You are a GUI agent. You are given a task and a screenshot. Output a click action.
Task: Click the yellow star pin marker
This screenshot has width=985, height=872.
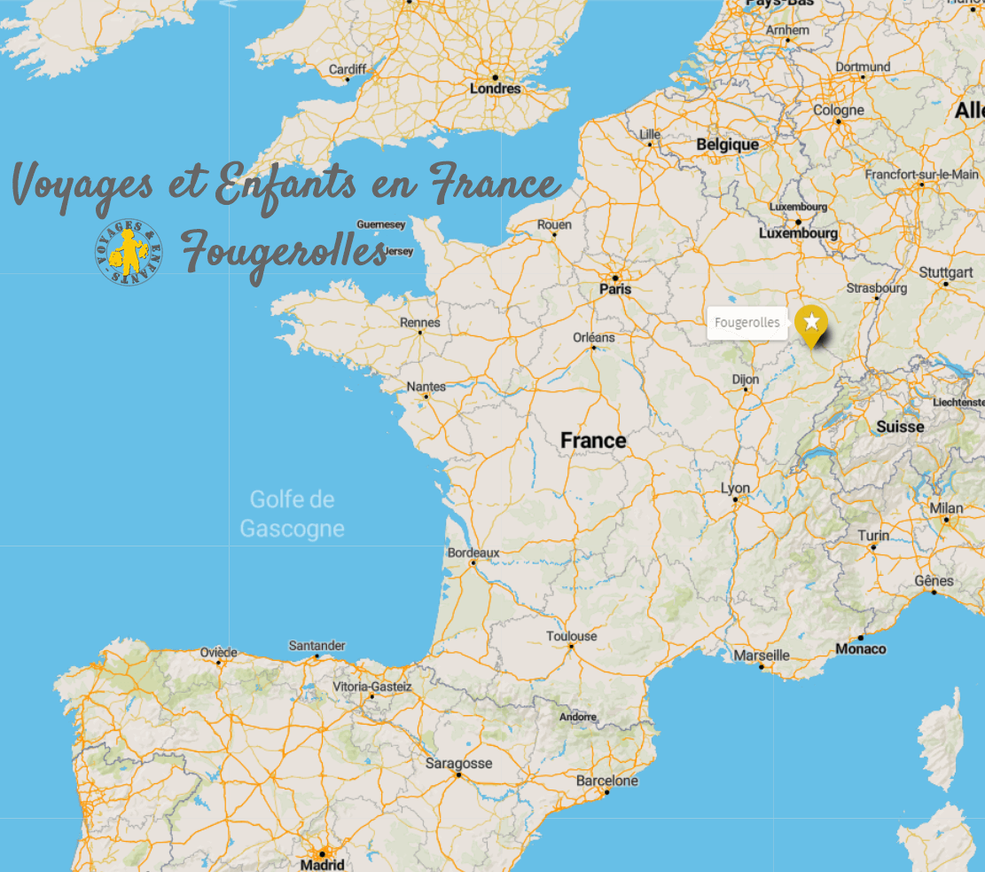(810, 323)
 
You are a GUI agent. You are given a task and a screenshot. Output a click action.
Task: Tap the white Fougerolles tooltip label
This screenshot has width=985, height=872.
(747, 323)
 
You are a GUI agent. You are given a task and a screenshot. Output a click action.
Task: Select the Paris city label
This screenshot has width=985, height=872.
(615, 288)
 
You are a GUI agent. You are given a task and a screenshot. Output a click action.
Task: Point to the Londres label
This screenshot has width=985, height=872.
(495, 89)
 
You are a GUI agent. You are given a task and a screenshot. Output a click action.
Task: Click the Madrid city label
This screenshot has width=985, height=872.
(322, 864)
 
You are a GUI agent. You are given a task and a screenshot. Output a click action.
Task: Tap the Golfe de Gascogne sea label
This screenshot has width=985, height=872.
(292, 515)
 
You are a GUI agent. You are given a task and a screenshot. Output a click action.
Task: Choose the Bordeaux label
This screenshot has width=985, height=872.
(473, 552)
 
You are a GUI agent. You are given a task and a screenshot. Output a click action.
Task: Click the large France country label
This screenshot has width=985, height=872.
(593, 440)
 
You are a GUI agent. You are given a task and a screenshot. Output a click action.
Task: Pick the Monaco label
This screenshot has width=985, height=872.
(860, 649)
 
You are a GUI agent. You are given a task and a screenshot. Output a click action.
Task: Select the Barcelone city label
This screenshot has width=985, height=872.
(606, 781)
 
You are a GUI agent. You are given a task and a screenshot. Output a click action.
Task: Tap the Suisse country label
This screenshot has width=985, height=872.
(900, 427)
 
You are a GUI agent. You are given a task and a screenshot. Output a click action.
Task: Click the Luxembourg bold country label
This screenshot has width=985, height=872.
(798, 233)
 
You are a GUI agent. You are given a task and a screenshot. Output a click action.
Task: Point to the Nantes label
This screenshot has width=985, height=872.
(426, 387)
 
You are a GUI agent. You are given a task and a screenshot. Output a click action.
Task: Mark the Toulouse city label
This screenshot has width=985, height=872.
(571, 636)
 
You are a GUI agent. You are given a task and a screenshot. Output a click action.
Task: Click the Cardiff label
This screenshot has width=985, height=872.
(347, 69)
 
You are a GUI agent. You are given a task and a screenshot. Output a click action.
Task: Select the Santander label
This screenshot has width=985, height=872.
(317, 646)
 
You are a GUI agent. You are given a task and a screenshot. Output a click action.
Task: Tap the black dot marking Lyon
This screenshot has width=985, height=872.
(735, 499)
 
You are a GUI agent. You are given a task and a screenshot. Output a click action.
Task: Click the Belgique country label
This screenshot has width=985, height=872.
(727, 145)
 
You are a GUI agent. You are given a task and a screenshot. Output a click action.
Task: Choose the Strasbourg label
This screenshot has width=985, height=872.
(877, 288)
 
